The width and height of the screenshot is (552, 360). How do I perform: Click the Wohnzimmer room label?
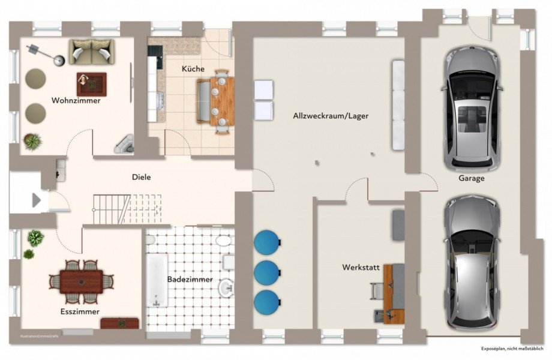point(76,100)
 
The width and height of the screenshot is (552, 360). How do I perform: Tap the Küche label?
point(193,69)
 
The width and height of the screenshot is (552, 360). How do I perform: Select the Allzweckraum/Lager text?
point(331,115)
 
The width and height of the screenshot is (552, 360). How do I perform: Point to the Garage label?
point(471,178)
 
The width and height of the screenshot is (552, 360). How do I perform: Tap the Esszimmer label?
point(79,311)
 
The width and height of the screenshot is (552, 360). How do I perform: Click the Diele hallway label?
point(142,177)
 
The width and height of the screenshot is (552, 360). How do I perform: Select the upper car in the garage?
point(471,108)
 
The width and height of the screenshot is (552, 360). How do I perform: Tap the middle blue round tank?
point(266,272)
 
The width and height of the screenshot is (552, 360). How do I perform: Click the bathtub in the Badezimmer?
point(157,280)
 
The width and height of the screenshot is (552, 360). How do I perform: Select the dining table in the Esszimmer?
point(81,281)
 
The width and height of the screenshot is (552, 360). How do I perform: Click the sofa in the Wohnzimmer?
point(91,52)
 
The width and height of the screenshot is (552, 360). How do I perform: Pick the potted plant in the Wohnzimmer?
point(32,142)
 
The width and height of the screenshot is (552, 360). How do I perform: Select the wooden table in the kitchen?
point(223,100)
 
